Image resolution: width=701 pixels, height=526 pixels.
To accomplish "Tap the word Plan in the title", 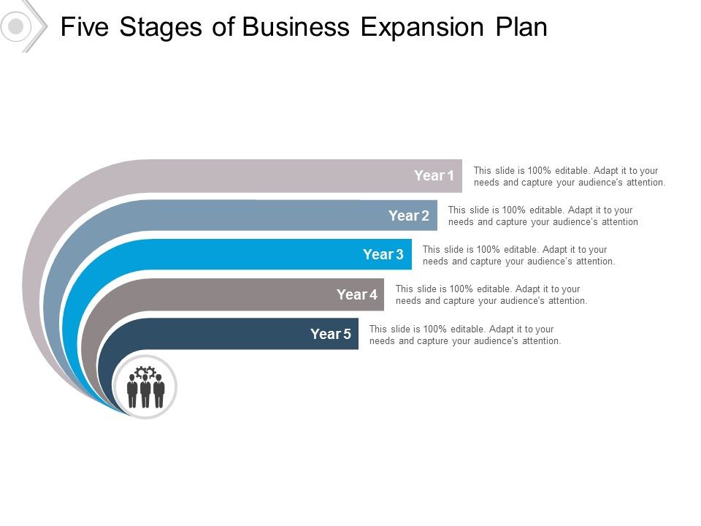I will (519, 27).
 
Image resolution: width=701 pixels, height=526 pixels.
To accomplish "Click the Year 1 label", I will (434, 175).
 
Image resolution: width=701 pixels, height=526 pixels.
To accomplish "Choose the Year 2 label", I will (408, 216).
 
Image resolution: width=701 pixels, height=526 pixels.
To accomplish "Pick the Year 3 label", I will (383, 254).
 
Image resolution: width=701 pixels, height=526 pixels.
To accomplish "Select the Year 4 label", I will (356, 294).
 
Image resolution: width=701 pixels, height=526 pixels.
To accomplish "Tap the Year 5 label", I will (330, 334).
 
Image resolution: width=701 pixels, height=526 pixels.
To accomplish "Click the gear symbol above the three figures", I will (145, 371).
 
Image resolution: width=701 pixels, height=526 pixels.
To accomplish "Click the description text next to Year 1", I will (569, 176).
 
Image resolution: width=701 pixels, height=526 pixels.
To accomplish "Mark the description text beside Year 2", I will (543, 216).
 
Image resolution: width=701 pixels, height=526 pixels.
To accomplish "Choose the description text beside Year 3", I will (518, 255).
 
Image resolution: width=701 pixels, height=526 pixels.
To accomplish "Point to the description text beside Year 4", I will (491, 294).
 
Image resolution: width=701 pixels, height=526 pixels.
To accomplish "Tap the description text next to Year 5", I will (464, 335).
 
